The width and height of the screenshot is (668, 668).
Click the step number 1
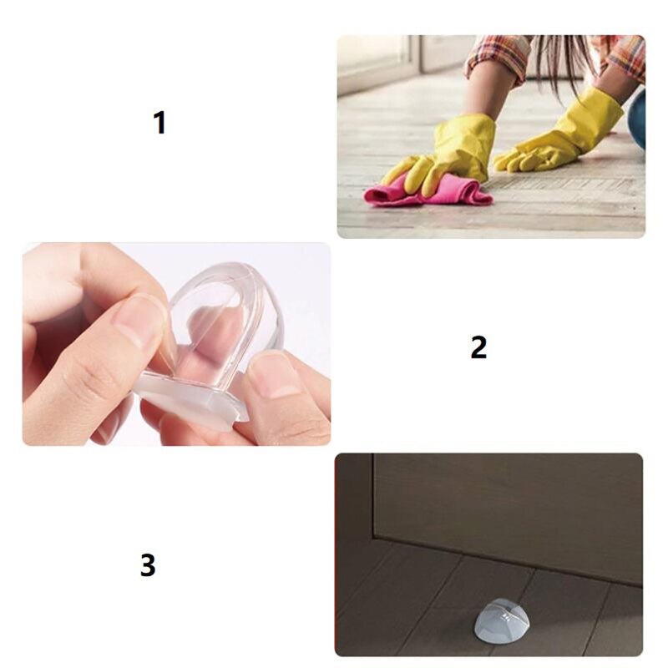pos(159,124)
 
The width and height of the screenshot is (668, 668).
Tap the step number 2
pos(478,347)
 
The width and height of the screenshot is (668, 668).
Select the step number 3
pos(148,565)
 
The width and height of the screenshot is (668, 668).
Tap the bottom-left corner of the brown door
pos(376,534)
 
